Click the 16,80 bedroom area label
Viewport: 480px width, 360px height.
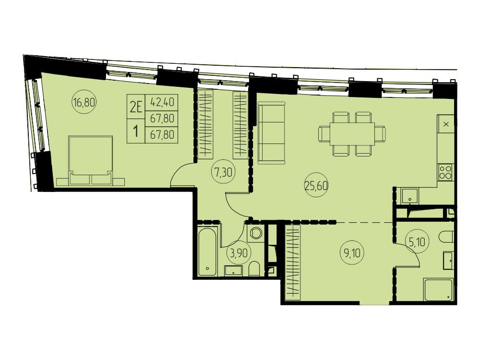84,102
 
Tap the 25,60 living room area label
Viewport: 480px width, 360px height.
316,185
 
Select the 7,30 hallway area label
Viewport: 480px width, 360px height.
224,172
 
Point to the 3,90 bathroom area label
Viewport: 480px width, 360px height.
239,253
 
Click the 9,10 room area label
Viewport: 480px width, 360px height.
352,253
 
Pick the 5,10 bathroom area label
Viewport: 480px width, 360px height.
417,242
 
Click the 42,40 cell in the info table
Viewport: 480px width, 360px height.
162,102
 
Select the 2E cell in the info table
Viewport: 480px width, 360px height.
136,107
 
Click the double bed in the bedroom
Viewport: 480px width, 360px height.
91,160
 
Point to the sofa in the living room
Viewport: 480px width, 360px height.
272,132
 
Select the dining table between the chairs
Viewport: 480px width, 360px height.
352,134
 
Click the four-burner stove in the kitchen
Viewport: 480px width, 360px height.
445,172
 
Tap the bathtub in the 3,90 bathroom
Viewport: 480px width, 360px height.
208,252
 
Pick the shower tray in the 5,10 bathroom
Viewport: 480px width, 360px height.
439,289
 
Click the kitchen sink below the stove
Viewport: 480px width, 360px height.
409,196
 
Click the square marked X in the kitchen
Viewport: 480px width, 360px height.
446,124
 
